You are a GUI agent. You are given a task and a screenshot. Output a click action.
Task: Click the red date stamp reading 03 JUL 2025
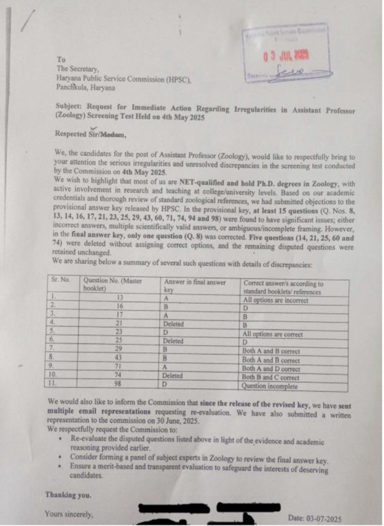click(285, 57)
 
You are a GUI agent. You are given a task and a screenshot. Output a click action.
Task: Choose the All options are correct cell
click(273, 334)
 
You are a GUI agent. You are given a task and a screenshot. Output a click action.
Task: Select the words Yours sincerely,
click(69, 513)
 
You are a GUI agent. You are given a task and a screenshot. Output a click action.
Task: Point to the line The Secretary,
click(78, 69)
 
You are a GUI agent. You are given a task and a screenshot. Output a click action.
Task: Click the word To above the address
click(61, 60)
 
